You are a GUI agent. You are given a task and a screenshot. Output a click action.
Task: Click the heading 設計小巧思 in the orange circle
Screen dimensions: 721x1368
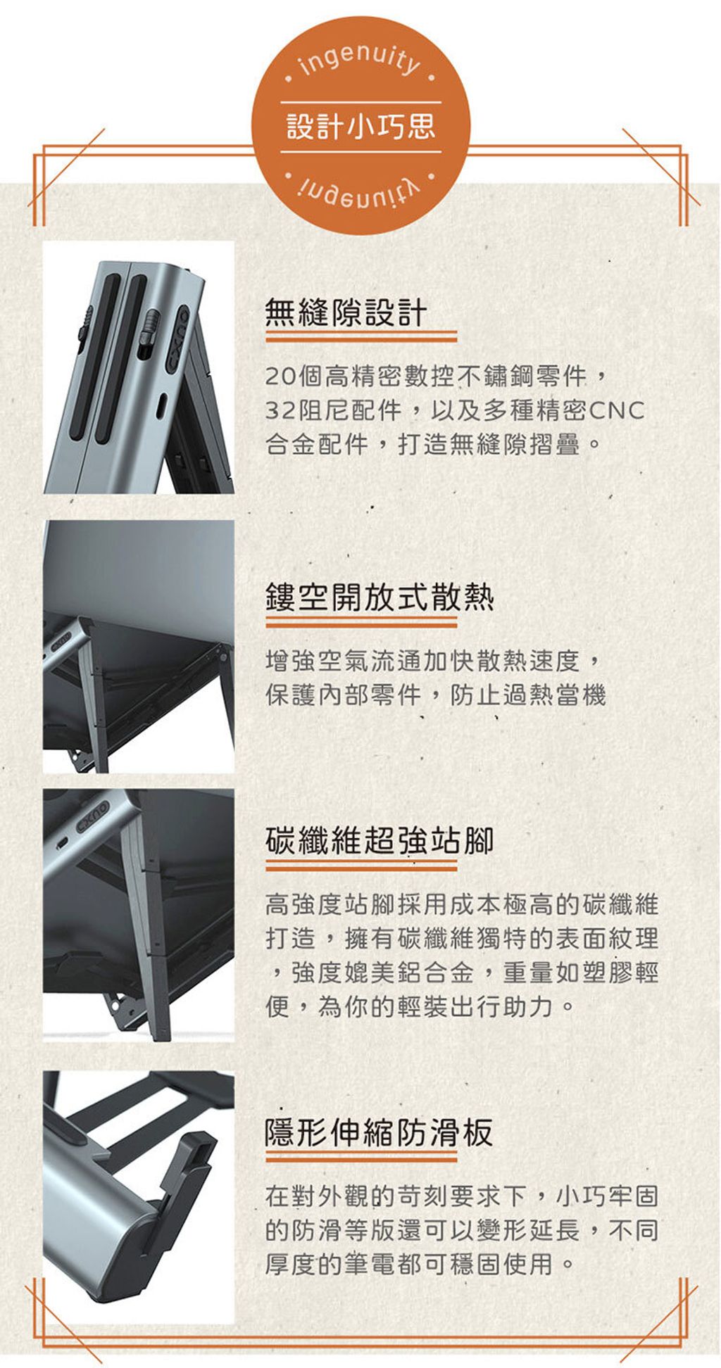[x=360, y=127]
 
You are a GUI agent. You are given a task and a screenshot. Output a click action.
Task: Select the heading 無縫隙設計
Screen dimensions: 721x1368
[x=346, y=312]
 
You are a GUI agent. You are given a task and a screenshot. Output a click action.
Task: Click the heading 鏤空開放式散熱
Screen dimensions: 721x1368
[x=380, y=597]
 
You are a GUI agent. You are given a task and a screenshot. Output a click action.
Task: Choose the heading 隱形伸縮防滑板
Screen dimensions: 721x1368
[x=379, y=1132]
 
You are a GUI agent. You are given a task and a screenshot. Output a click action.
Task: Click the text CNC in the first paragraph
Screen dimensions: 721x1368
[x=617, y=410]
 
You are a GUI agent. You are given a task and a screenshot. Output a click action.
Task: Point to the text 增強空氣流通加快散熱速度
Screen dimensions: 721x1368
[x=422, y=661]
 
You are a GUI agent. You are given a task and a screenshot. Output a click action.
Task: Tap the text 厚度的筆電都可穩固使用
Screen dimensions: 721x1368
[x=409, y=1264]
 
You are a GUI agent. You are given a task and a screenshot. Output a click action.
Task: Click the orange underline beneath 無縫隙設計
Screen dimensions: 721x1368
[x=360, y=338]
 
